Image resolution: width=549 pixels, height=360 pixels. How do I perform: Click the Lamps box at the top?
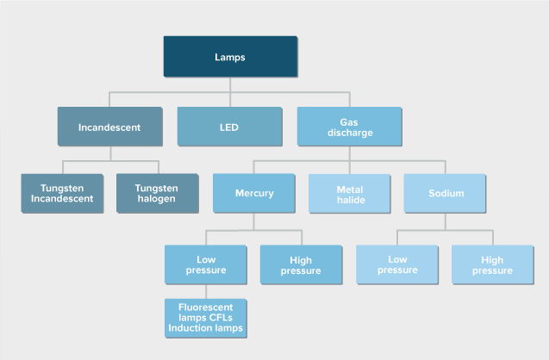(x=229, y=57)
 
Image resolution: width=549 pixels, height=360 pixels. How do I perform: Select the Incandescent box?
(x=109, y=127)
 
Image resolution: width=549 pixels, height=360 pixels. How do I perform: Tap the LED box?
(x=229, y=127)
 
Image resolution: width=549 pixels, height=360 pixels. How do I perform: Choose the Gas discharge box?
(x=349, y=127)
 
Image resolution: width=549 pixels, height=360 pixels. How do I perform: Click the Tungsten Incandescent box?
(x=62, y=194)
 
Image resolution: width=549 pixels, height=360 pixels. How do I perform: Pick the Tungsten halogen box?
(x=157, y=194)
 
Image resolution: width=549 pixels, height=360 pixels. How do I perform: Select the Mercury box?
(x=253, y=194)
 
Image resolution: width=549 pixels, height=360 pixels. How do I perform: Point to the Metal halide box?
(x=349, y=194)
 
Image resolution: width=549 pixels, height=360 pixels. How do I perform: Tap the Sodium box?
(x=445, y=194)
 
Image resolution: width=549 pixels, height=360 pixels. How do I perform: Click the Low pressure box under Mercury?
(x=205, y=264)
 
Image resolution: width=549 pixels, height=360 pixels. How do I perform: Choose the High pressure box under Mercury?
(x=301, y=264)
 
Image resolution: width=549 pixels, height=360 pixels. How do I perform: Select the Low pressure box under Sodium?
(x=397, y=264)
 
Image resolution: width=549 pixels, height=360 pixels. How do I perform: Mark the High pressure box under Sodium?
(x=492, y=264)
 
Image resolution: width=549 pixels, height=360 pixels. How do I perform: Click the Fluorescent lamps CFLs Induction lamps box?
(x=205, y=317)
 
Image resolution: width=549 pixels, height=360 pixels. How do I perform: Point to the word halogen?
(x=157, y=200)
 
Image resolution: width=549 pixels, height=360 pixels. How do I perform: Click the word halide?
(x=349, y=200)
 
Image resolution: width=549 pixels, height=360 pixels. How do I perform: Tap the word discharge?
(x=349, y=133)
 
